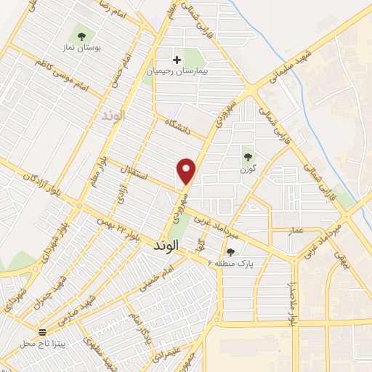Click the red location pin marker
187,170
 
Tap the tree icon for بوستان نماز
80,35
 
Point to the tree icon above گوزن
248,155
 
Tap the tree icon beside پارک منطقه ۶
230,252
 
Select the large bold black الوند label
166,246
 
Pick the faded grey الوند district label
113,116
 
